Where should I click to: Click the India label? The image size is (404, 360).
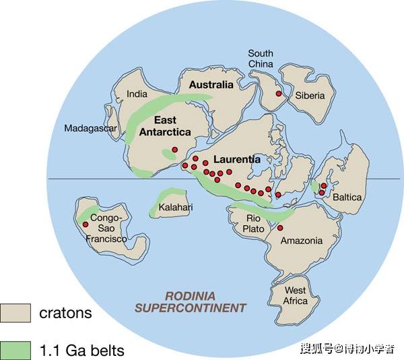coord(138,94)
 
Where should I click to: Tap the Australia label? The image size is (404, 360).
coord(211,85)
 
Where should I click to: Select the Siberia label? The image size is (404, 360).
coord(310,95)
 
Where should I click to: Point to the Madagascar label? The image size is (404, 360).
coord(91,129)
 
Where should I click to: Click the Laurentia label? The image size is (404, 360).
coord(236,160)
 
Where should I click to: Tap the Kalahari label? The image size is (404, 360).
coord(176,207)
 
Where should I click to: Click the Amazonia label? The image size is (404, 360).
coord(301,241)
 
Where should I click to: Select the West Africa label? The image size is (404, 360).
coord(296,295)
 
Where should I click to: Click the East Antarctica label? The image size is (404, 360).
coord(164,126)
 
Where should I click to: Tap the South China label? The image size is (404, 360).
coord(261,59)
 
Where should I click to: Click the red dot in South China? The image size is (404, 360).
coord(278,94)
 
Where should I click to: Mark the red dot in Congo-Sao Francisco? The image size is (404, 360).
coord(86,224)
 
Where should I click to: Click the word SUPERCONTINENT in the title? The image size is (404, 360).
coord(191,308)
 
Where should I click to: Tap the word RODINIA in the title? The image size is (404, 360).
coord(191,295)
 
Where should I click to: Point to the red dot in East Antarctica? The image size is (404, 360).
coord(174,149)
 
